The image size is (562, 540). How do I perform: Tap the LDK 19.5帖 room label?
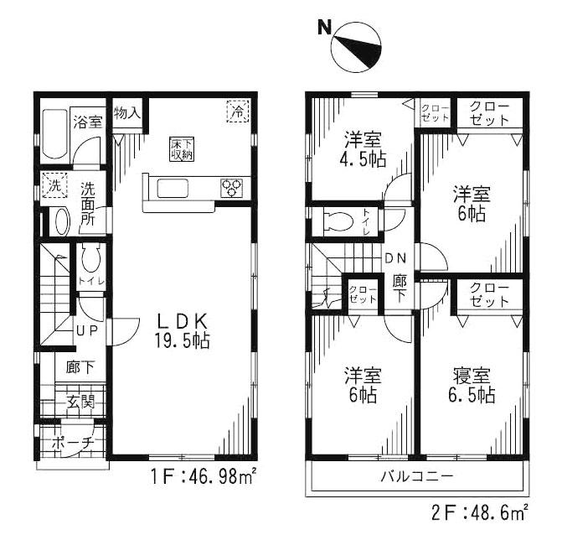[182, 331]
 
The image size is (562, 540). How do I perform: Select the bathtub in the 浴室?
[54, 134]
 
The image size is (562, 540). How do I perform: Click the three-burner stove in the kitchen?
[233, 188]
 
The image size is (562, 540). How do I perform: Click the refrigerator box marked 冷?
[237, 110]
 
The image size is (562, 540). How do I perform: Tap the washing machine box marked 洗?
[52, 185]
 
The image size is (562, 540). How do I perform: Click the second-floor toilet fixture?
[340, 221]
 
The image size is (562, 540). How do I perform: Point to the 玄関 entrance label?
[80, 402]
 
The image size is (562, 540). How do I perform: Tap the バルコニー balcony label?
[417, 476]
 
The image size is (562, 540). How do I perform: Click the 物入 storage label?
[127, 112]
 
